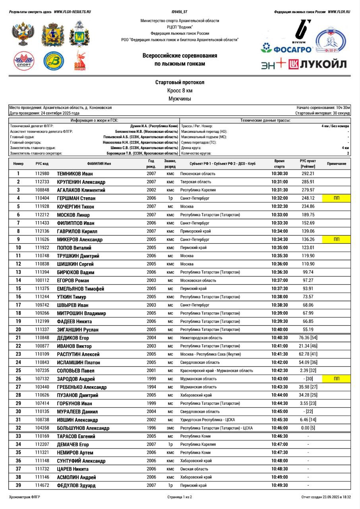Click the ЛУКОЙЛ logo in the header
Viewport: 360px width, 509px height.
[317, 64]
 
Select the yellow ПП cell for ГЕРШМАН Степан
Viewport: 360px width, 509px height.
[336, 198]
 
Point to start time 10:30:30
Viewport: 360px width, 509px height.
[280, 174]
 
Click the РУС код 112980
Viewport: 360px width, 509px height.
[42, 174]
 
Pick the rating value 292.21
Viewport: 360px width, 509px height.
[308, 174]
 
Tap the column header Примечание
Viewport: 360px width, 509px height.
[336, 163]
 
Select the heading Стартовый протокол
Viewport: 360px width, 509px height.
[180, 82]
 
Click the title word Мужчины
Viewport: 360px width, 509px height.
[180, 99]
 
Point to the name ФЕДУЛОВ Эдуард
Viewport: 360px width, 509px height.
[76, 486]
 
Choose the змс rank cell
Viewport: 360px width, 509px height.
[170, 428]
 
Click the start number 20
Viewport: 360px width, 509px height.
[18, 329]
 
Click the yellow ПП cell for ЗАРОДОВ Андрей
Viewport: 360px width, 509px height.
[336, 379]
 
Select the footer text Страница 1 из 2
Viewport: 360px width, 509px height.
[180, 497]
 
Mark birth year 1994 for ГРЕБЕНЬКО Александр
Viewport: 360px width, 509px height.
[151, 387]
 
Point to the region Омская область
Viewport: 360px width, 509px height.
[194, 469]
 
